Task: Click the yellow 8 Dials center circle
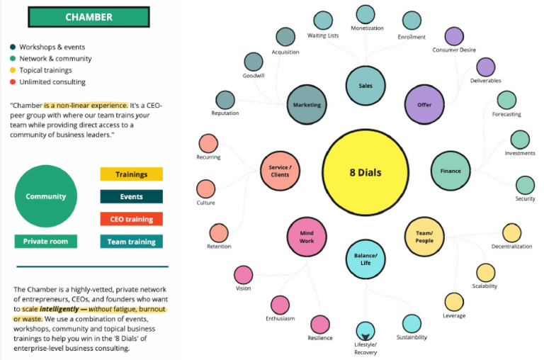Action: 365,172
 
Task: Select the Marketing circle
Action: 307,104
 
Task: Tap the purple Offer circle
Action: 424,104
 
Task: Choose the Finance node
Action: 450,171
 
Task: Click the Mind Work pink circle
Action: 307,237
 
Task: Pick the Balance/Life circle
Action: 365,259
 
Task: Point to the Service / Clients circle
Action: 280,171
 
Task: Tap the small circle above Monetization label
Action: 365,15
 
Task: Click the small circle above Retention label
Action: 219,233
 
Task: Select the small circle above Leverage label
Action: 454,302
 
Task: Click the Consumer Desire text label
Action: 454,50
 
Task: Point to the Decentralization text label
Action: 511,247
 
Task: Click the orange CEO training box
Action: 132,219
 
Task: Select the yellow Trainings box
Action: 132,174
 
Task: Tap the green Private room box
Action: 46,241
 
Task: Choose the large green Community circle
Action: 46,196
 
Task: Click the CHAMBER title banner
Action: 89,17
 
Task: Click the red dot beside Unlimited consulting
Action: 13,82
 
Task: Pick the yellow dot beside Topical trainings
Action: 13,70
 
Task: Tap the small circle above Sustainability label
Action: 412,324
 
